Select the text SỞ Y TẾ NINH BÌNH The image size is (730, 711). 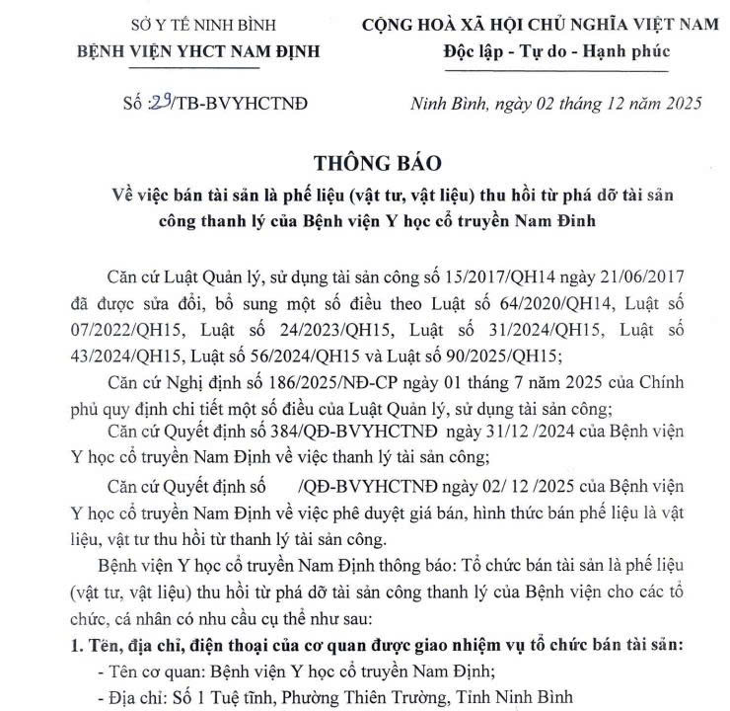point(160,24)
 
